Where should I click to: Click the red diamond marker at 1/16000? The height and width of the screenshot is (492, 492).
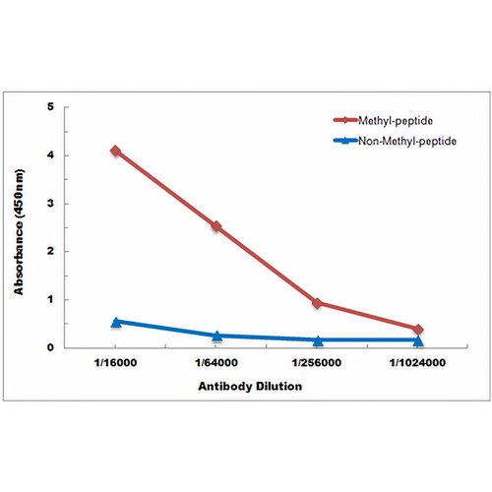pyautogui.click(x=115, y=151)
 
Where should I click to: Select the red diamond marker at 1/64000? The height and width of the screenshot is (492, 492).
pyautogui.click(x=216, y=226)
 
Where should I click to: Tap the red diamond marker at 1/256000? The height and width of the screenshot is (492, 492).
pyautogui.click(x=317, y=303)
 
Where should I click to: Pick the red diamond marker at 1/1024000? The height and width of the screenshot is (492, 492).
pyautogui.click(x=418, y=330)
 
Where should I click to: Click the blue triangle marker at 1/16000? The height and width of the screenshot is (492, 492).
pyautogui.click(x=115, y=323)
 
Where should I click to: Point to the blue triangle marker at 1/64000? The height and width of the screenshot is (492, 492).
pyautogui.click(x=216, y=336)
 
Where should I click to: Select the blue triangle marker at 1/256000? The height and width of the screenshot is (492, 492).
pyautogui.click(x=318, y=340)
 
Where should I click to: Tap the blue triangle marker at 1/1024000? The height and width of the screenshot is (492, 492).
pyautogui.click(x=418, y=340)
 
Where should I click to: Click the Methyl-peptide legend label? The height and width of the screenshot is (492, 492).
pyautogui.click(x=396, y=121)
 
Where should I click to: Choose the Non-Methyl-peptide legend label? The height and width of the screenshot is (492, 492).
pyautogui.click(x=407, y=141)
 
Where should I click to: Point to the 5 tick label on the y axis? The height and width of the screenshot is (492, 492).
pyautogui.click(x=50, y=106)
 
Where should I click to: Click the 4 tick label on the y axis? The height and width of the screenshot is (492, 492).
pyautogui.click(x=50, y=154)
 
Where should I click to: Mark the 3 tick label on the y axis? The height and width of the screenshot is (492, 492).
pyautogui.click(x=50, y=204)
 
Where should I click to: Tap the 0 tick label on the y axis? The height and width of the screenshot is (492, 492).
pyautogui.click(x=50, y=347)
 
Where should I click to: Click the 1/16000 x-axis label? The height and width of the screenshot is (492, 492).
pyautogui.click(x=115, y=363)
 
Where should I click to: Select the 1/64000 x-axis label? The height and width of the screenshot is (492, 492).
pyautogui.click(x=216, y=363)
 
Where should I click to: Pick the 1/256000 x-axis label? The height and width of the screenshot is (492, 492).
pyautogui.click(x=317, y=363)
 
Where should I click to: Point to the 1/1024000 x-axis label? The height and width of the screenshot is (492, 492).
pyautogui.click(x=417, y=363)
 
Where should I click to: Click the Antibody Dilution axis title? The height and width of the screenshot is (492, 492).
pyautogui.click(x=250, y=387)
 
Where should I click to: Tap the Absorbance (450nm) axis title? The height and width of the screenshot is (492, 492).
pyautogui.click(x=19, y=232)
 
